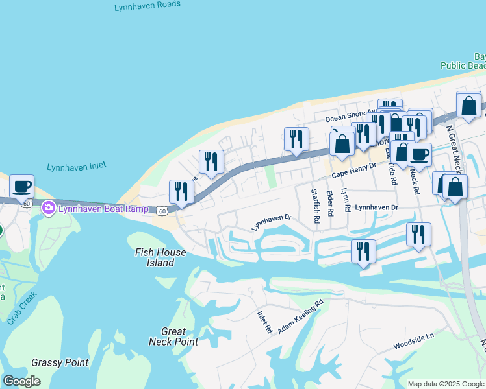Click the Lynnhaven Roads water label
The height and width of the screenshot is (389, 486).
point(147,8)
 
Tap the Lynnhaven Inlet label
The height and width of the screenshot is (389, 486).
point(75,167)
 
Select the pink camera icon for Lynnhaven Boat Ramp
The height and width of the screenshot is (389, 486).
point(47,208)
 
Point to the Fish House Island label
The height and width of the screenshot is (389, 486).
point(155,257)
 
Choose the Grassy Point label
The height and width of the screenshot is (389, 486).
point(60,362)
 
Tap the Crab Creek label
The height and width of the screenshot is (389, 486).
point(21,308)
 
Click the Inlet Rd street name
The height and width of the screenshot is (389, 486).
point(264,322)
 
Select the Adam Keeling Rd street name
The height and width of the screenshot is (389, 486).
point(300,316)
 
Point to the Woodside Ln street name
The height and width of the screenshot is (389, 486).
point(413,342)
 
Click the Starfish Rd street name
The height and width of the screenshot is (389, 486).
point(315,206)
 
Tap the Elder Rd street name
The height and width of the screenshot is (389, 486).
point(330,203)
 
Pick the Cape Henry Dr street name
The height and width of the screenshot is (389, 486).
point(354,171)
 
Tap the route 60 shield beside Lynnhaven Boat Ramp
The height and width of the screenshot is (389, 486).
point(162,210)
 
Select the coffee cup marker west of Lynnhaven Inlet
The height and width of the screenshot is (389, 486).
point(21,186)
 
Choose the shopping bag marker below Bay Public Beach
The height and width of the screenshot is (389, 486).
point(468,104)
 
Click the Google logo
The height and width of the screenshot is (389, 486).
point(22,381)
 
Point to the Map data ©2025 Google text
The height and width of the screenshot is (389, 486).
point(445,384)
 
